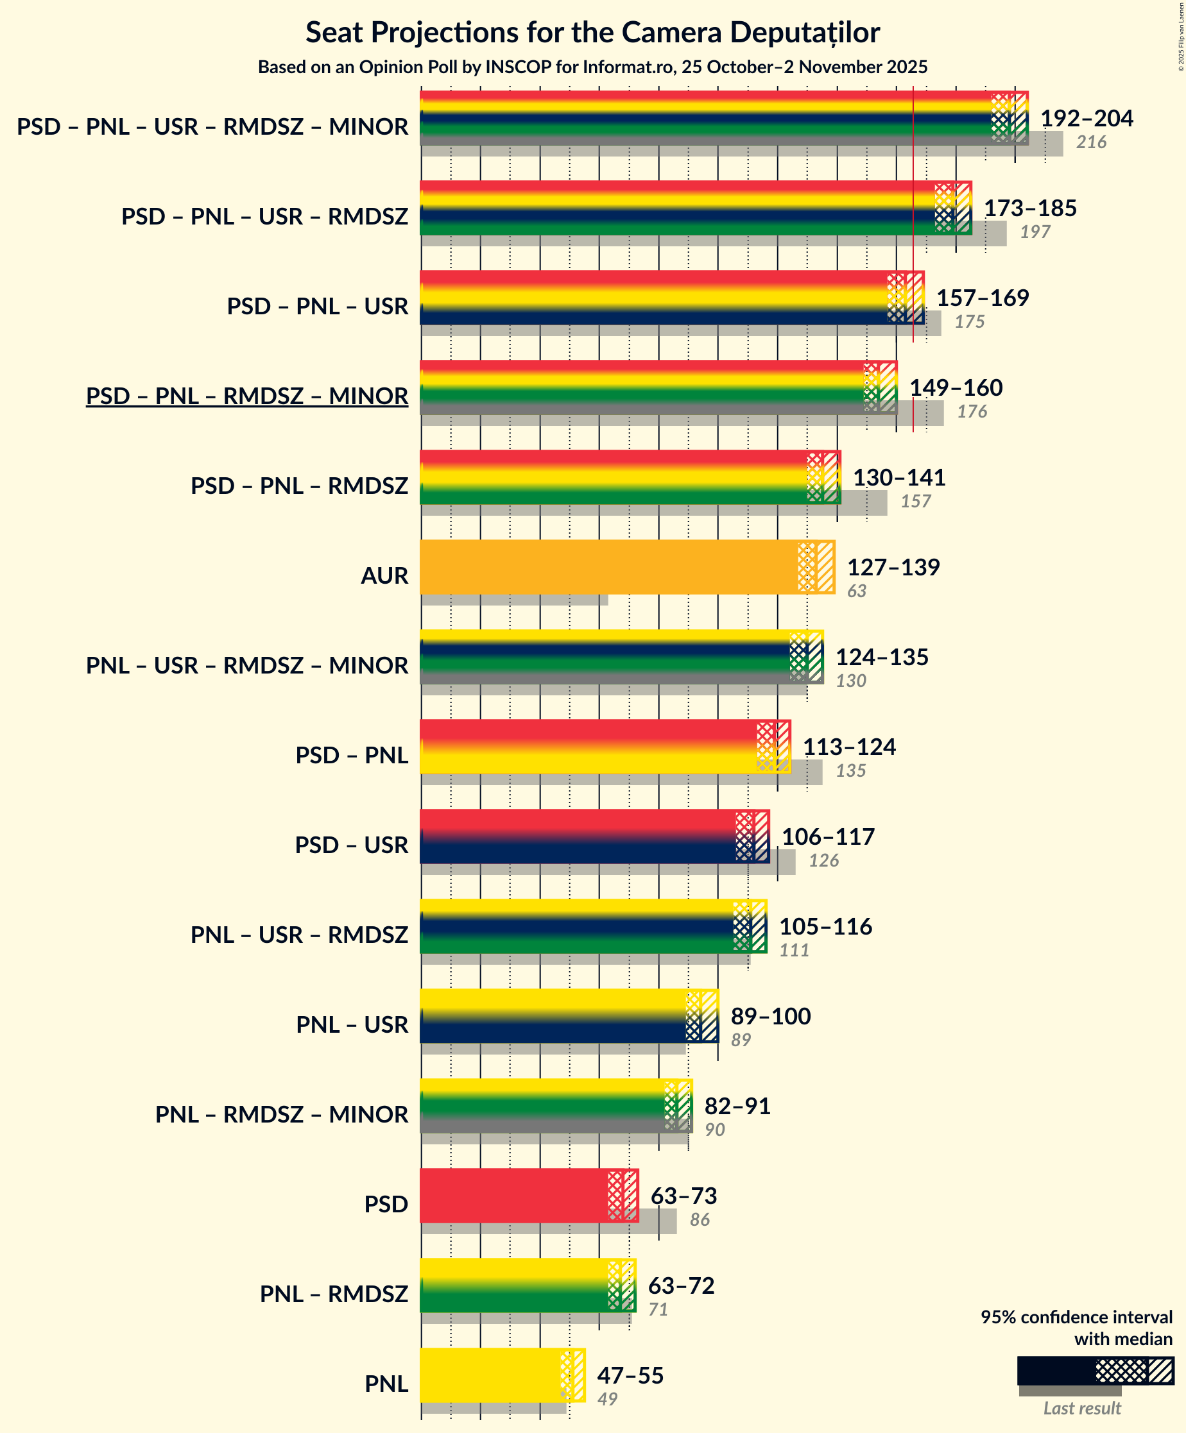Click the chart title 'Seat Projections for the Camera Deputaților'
tap(592, 32)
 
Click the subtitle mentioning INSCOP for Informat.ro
tap(592, 67)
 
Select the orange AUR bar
tap(608, 566)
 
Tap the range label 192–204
tap(1086, 118)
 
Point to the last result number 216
tap(1090, 142)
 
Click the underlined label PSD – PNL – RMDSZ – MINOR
tap(246, 396)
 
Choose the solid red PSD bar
tap(512, 1195)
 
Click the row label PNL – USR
tap(352, 1024)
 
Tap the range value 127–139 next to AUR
tap(893, 567)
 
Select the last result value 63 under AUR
tap(856, 591)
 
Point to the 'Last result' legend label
tap(1081, 1408)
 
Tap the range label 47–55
tap(630, 1375)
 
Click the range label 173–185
tap(1029, 208)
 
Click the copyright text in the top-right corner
tap(1180, 38)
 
